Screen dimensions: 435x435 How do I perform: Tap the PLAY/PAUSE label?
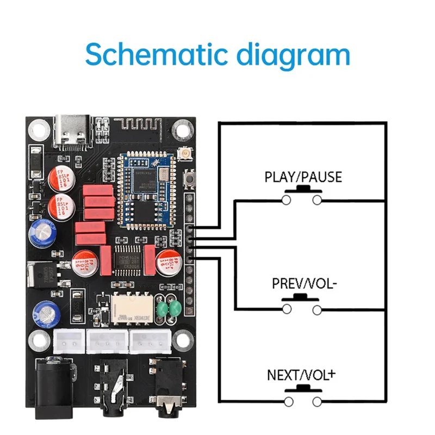point(303,177)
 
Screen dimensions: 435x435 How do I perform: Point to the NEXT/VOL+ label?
point(301,375)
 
